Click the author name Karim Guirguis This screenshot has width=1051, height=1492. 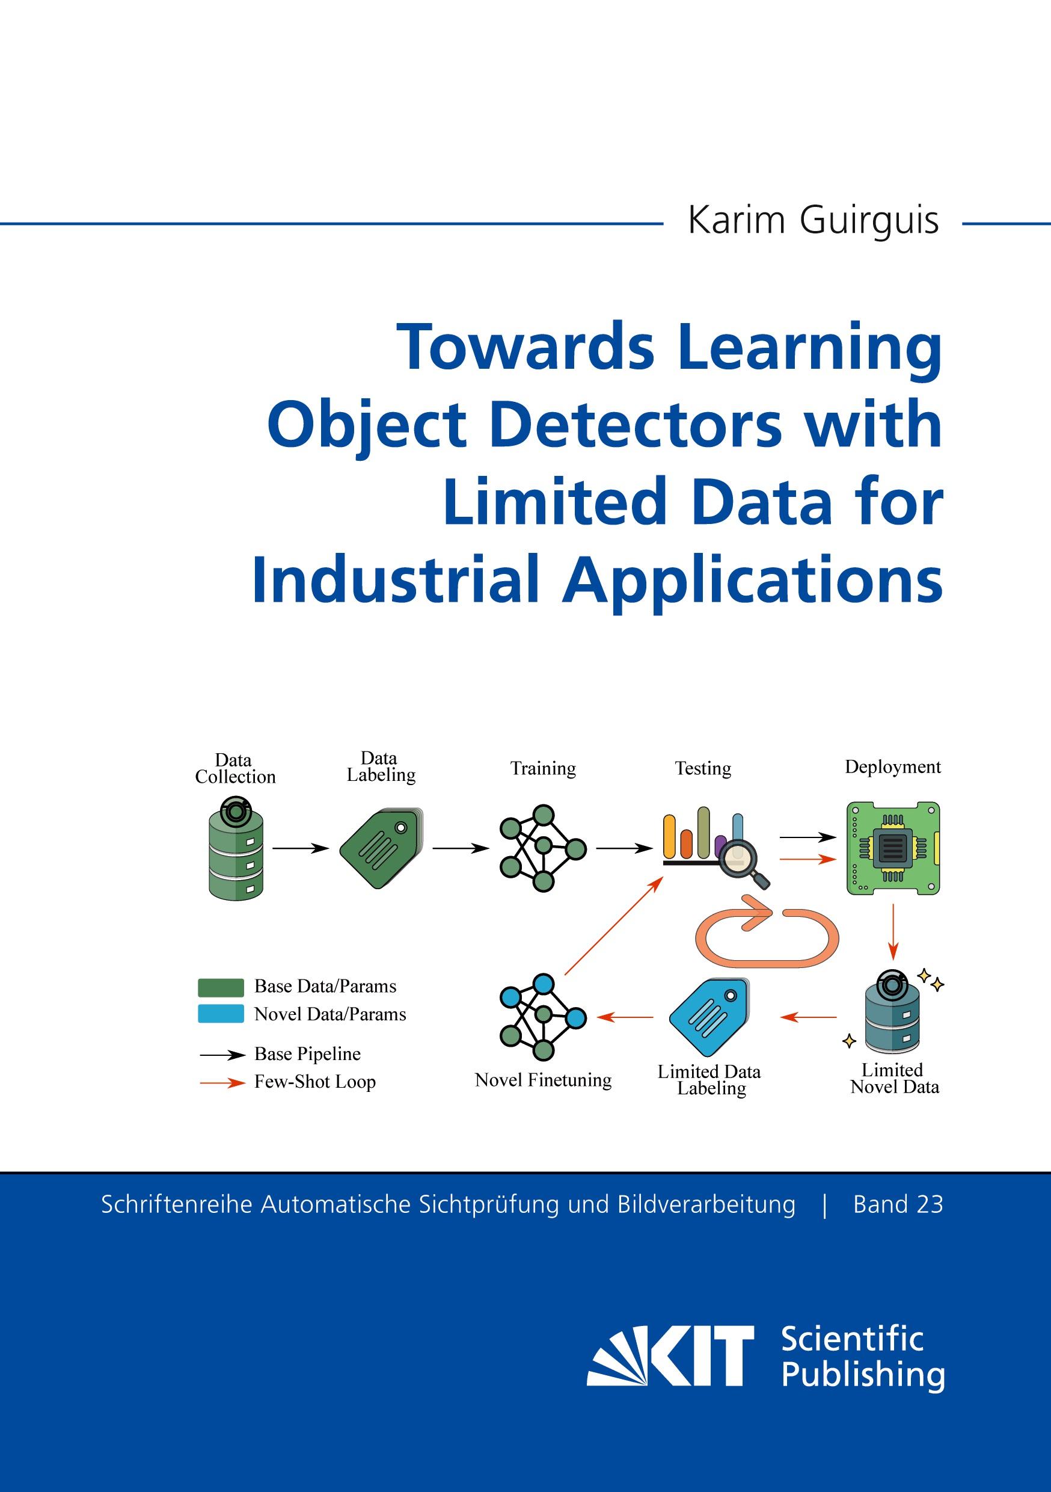pyautogui.click(x=813, y=221)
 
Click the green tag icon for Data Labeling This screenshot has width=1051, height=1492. pyautogui.click(x=381, y=849)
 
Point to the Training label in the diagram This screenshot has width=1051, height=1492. pyautogui.click(x=543, y=769)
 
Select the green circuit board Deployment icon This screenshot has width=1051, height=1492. pyautogui.click(x=893, y=848)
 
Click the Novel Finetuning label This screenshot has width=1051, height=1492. pyautogui.click(x=543, y=1080)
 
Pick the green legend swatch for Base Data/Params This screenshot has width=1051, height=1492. pyautogui.click(x=221, y=987)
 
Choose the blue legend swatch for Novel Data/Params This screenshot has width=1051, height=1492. pyautogui.click(x=221, y=1014)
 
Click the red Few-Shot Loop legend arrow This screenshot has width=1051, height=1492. pyautogui.click(x=222, y=1083)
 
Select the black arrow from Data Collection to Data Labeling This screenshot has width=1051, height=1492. pyautogui.click(x=301, y=848)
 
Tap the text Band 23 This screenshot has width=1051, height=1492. pyautogui.click(x=898, y=1205)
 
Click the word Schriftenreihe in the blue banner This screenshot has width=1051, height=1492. pyautogui.click(x=176, y=1205)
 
